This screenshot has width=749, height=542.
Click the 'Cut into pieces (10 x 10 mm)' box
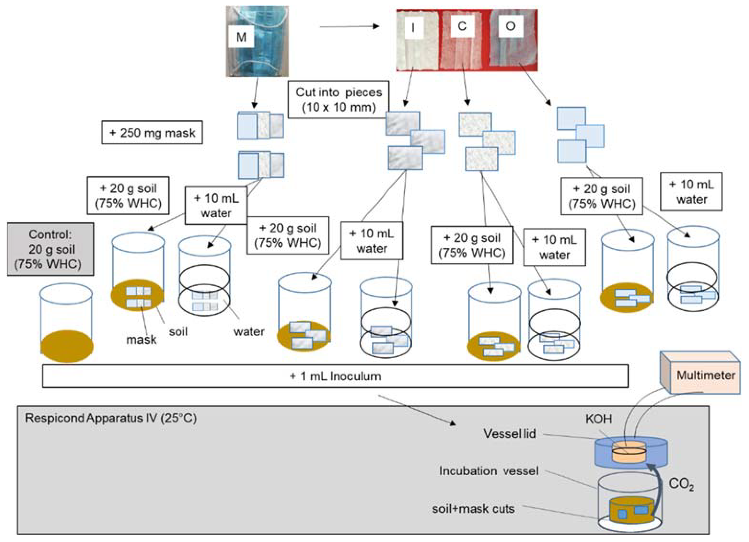point(339,100)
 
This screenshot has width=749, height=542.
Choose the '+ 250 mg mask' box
point(152,133)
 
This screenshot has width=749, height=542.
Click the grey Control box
point(51,249)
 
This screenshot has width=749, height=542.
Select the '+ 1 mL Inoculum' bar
point(335,376)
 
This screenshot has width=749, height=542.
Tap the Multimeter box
point(705,375)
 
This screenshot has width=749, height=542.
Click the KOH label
point(598,419)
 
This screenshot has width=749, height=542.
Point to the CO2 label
point(681,484)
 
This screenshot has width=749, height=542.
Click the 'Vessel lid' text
point(510,434)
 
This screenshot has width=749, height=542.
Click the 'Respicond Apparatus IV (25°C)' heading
point(111,418)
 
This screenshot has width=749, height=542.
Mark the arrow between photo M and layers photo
point(349,26)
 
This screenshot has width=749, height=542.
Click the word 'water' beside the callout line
point(249,331)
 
